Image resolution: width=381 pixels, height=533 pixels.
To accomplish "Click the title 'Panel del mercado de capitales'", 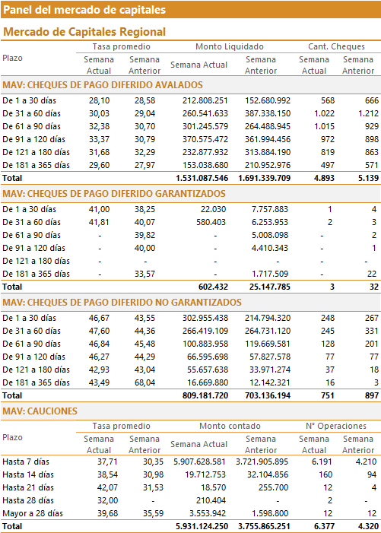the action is [x=84, y=10].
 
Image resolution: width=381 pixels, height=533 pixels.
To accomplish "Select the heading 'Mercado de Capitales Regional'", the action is [x=84, y=32].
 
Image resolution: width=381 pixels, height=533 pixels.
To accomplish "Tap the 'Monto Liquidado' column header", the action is [x=230, y=46].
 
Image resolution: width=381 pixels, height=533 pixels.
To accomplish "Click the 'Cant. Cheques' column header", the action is [x=336, y=46].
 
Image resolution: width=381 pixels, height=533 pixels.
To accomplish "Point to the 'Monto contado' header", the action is [x=230, y=426].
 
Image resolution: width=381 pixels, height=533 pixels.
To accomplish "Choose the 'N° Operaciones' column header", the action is [x=336, y=426].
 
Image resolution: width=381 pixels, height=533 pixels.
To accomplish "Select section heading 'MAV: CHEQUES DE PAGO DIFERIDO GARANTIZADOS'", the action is [x=114, y=193].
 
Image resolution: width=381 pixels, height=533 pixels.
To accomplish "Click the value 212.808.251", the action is [x=205, y=100].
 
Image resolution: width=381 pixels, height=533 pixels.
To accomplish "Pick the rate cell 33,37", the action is [x=100, y=139].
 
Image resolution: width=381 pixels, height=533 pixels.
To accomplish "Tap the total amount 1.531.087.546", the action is [x=202, y=178].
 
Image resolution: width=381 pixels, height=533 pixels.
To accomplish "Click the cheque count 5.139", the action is [x=368, y=178].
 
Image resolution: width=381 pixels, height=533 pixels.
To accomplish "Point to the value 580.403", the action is [x=211, y=222].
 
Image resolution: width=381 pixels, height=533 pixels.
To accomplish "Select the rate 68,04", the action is [x=144, y=382].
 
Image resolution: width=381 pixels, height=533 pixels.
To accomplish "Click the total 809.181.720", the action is [x=205, y=395].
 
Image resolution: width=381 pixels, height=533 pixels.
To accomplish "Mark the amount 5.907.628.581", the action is [x=199, y=462].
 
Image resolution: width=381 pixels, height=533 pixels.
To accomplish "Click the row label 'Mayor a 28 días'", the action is [x=33, y=514].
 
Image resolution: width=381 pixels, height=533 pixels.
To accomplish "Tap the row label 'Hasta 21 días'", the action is [x=28, y=488].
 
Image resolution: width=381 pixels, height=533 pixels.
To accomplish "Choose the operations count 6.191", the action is [x=322, y=462].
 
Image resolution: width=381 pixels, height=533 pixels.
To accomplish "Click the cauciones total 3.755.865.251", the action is [x=264, y=527].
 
